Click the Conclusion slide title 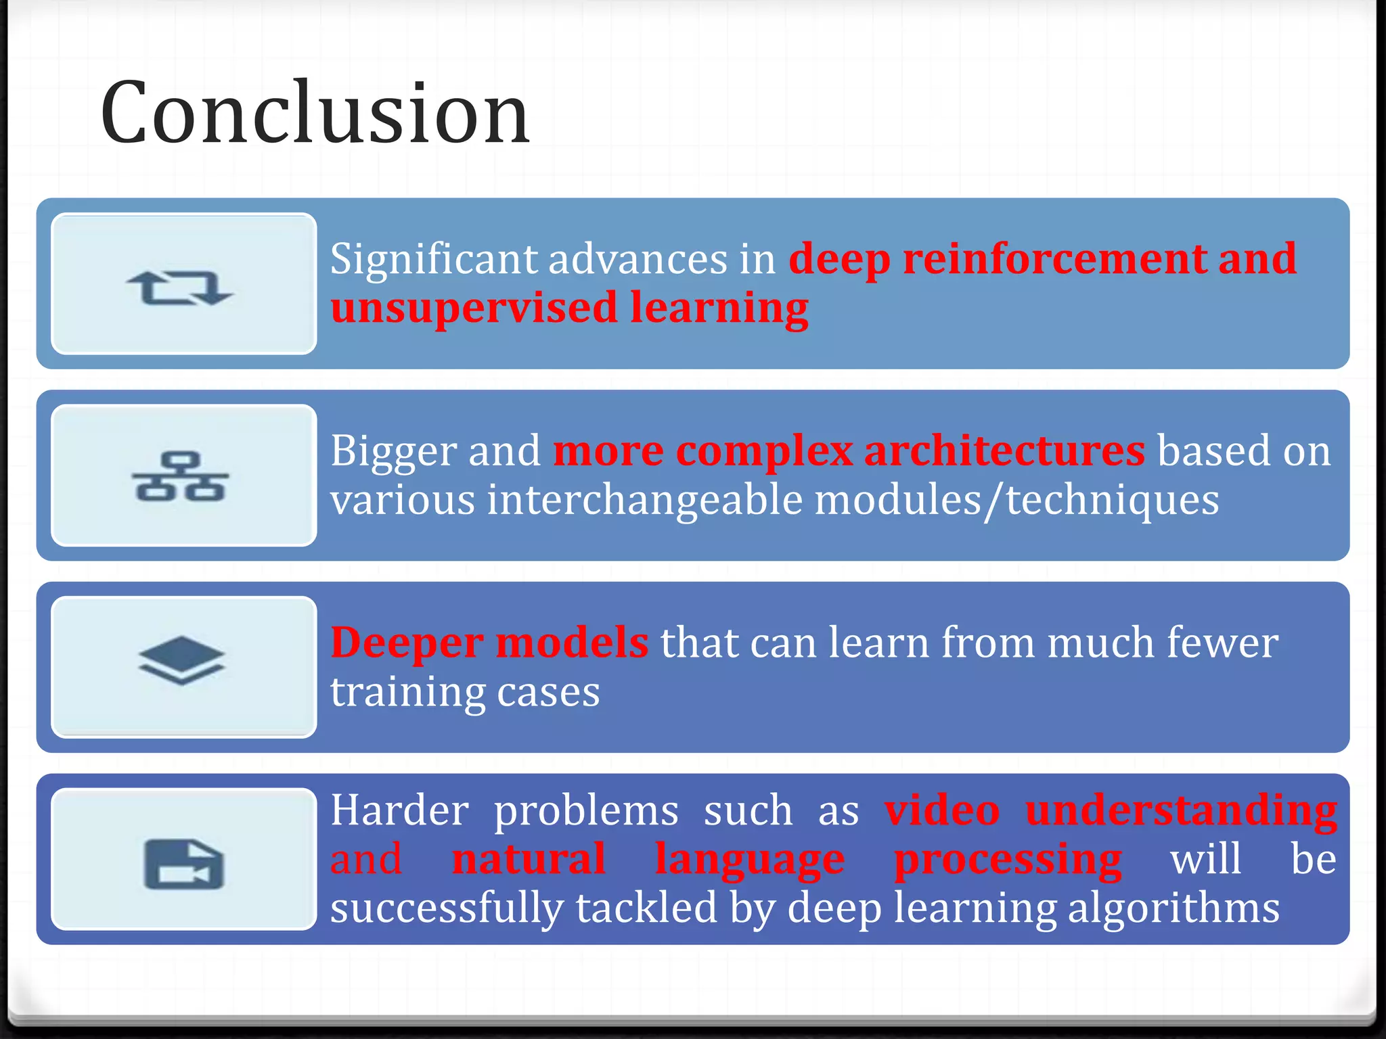pyautogui.click(x=315, y=113)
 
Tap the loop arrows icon pyautogui.click(x=180, y=287)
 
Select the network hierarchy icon pyautogui.click(x=180, y=477)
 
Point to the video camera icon pyautogui.click(x=183, y=864)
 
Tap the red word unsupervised pyautogui.click(x=474, y=308)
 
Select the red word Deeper pyautogui.click(x=406, y=643)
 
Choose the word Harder pyautogui.click(x=399, y=810)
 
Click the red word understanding pyautogui.click(x=1181, y=810)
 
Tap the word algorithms pyautogui.click(x=1173, y=908)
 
